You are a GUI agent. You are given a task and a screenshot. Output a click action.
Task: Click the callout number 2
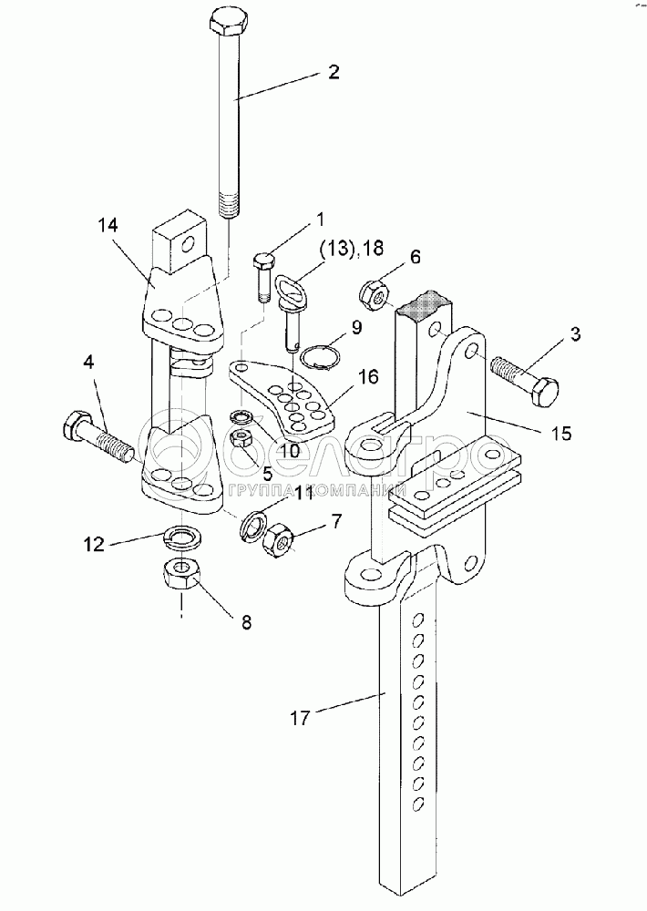click(334, 74)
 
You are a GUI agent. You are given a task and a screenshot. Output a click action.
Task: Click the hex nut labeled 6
click(375, 293)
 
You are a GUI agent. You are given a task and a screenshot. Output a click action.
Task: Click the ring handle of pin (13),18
click(293, 289)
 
